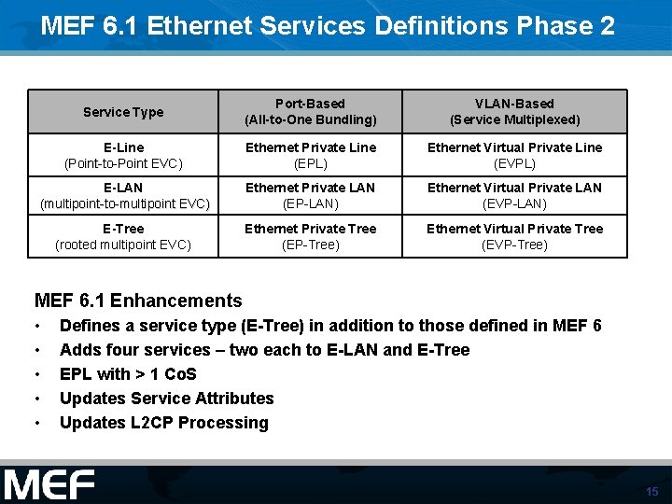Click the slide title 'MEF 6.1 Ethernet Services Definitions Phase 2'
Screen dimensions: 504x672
click(x=328, y=25)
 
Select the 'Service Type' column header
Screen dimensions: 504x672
click(x=123, y=112)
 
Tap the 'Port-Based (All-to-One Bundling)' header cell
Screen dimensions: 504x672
click(x=310, y=112)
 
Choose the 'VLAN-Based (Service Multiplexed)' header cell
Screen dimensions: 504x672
click(x=514, y=112)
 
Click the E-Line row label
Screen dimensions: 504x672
click(x=123, y=155)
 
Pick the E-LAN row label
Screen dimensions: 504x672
click(x=123, y=196)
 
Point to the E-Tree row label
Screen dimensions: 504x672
click(x=123, y=237)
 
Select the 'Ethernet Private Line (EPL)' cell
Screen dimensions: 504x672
click(x=310, y=155)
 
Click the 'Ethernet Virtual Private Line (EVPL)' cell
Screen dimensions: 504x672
click(x=514, y=155)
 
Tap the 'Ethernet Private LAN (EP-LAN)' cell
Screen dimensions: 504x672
click(x=310, y=196)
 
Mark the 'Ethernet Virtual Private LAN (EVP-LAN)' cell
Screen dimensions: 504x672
click(x=514, y=196)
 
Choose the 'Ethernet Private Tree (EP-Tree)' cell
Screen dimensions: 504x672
click(x=310, y=237)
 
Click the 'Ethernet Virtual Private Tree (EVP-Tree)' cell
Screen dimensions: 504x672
click(x=514, y=237)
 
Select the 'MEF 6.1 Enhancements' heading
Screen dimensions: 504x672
click(x=138, y=301)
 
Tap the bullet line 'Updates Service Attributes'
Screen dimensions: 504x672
click(x=166, y=399)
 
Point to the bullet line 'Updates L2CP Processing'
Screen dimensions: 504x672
click(x=163, y=423)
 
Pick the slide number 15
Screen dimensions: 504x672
click(x=651, y=491)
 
